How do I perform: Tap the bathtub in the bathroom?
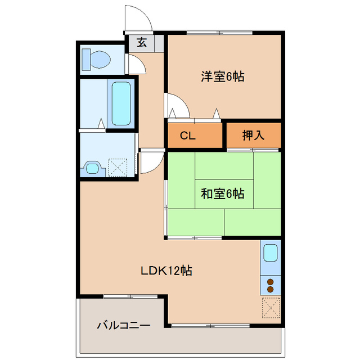click(x=121, y=103)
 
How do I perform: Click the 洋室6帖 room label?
click(x=223, y=77)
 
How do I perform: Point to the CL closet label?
click(x=187, y=135)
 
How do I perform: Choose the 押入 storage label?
click(x=253, y=135)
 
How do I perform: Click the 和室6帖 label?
click(x=223, y=194)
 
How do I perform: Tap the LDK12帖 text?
click(x=166, y=271)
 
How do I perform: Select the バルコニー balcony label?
click(x=123, y=325)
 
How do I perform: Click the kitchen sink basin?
click(x=271, y=253)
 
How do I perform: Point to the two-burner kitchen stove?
click(x=271, y=285)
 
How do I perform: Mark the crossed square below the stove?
click(x=271, y=307)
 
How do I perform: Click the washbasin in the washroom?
click(x=92, y=168)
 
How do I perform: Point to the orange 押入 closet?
click(x=253, y=135)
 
